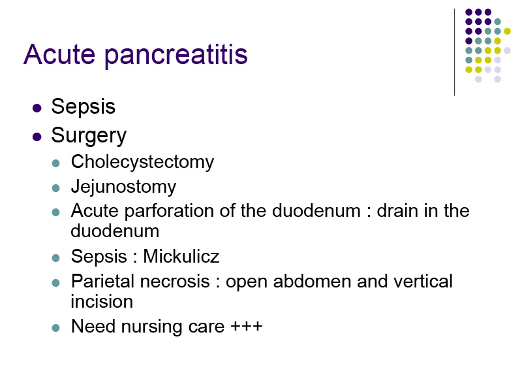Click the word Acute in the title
59,54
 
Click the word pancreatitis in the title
176,56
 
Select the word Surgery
89,136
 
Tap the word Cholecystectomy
142,162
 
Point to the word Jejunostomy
123,187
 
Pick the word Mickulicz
181,256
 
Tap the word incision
102,302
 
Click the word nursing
152,327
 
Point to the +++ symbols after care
247,326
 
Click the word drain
397,211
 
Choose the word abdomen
313,281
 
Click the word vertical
423,281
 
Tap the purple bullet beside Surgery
37,137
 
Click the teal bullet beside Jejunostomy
56,188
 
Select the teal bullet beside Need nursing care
56,328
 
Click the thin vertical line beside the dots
454,52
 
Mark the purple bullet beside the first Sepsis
37,108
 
